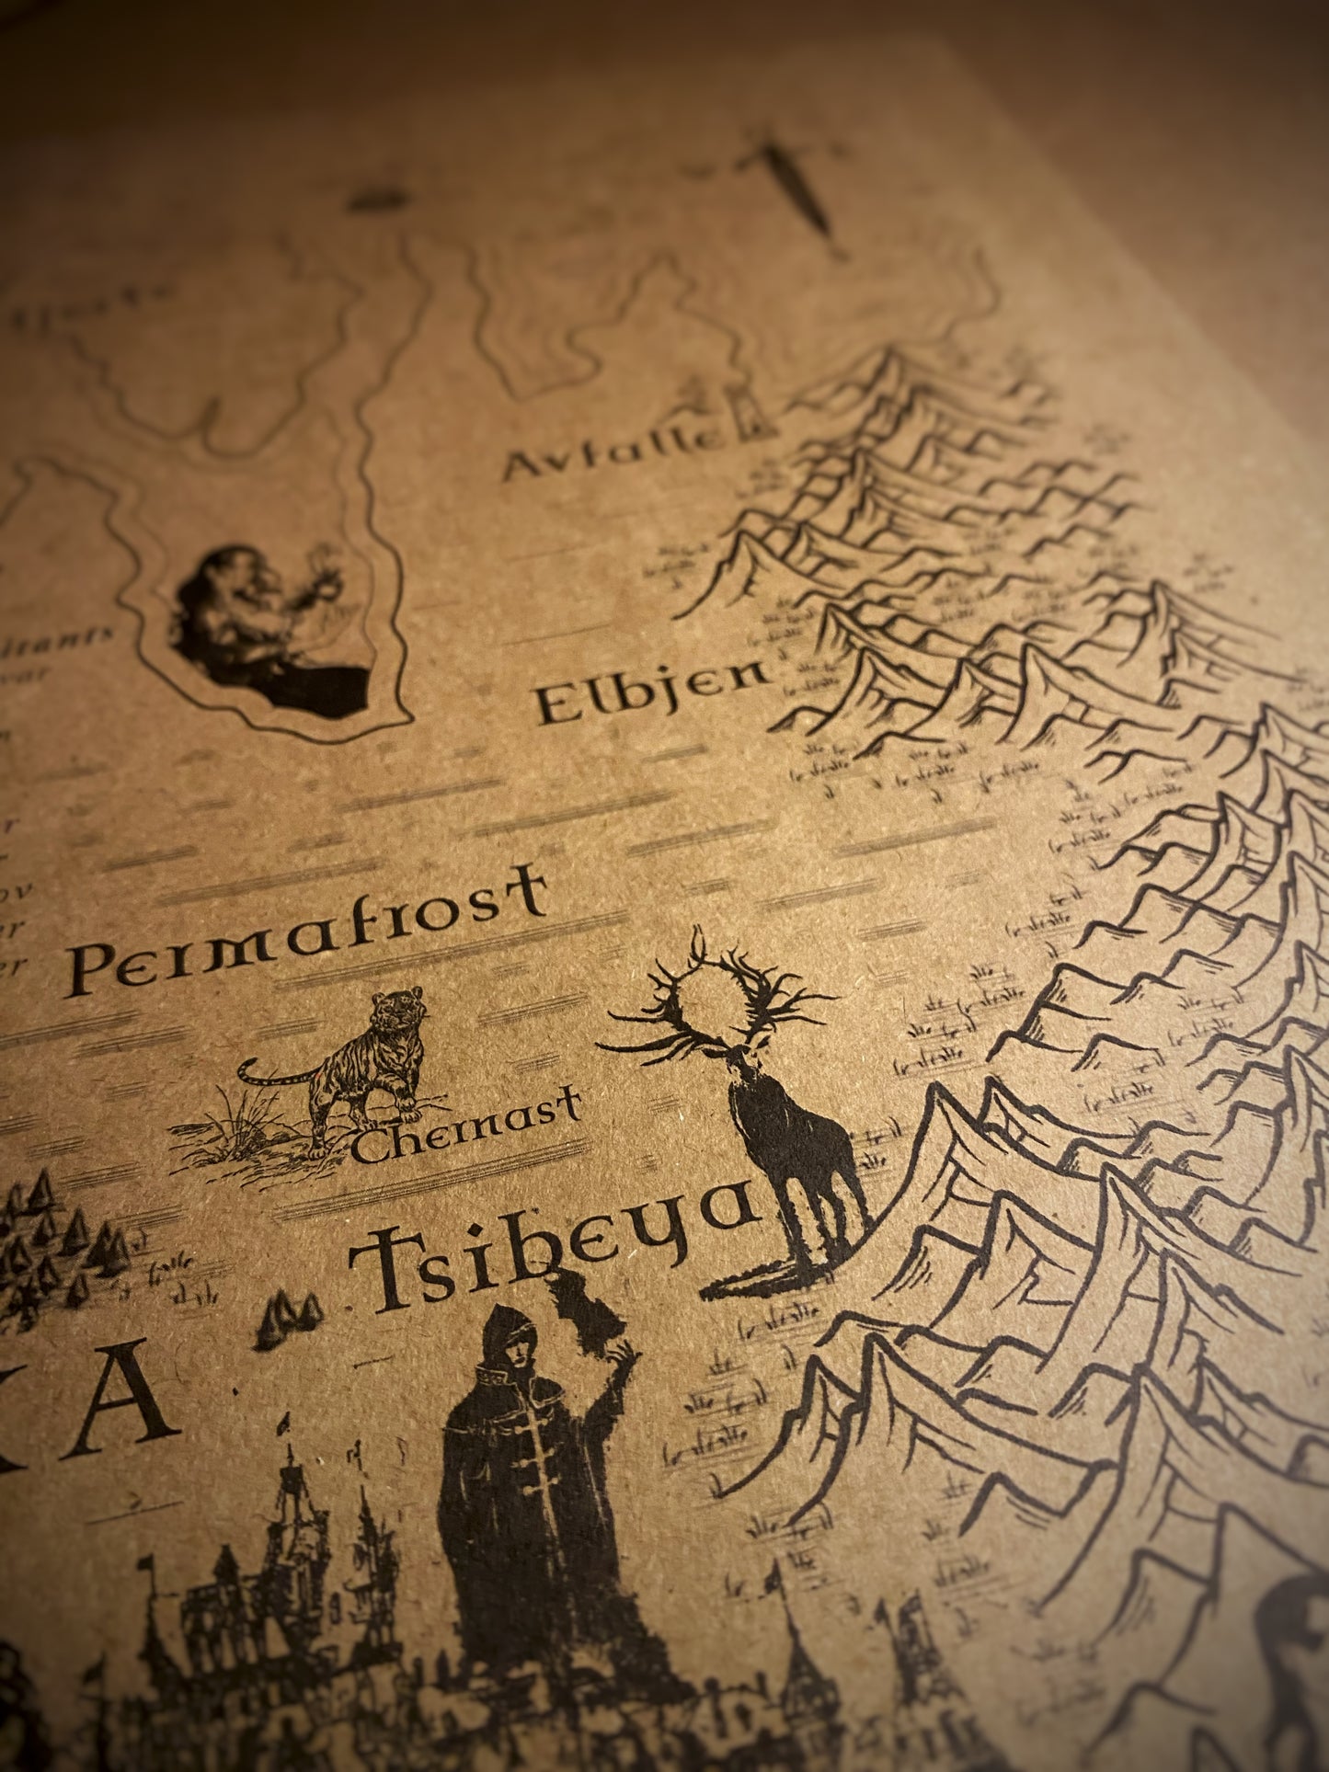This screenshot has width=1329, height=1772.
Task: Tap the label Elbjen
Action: tap(651, 692)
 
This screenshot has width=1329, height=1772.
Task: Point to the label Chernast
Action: tap(466, 1124)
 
